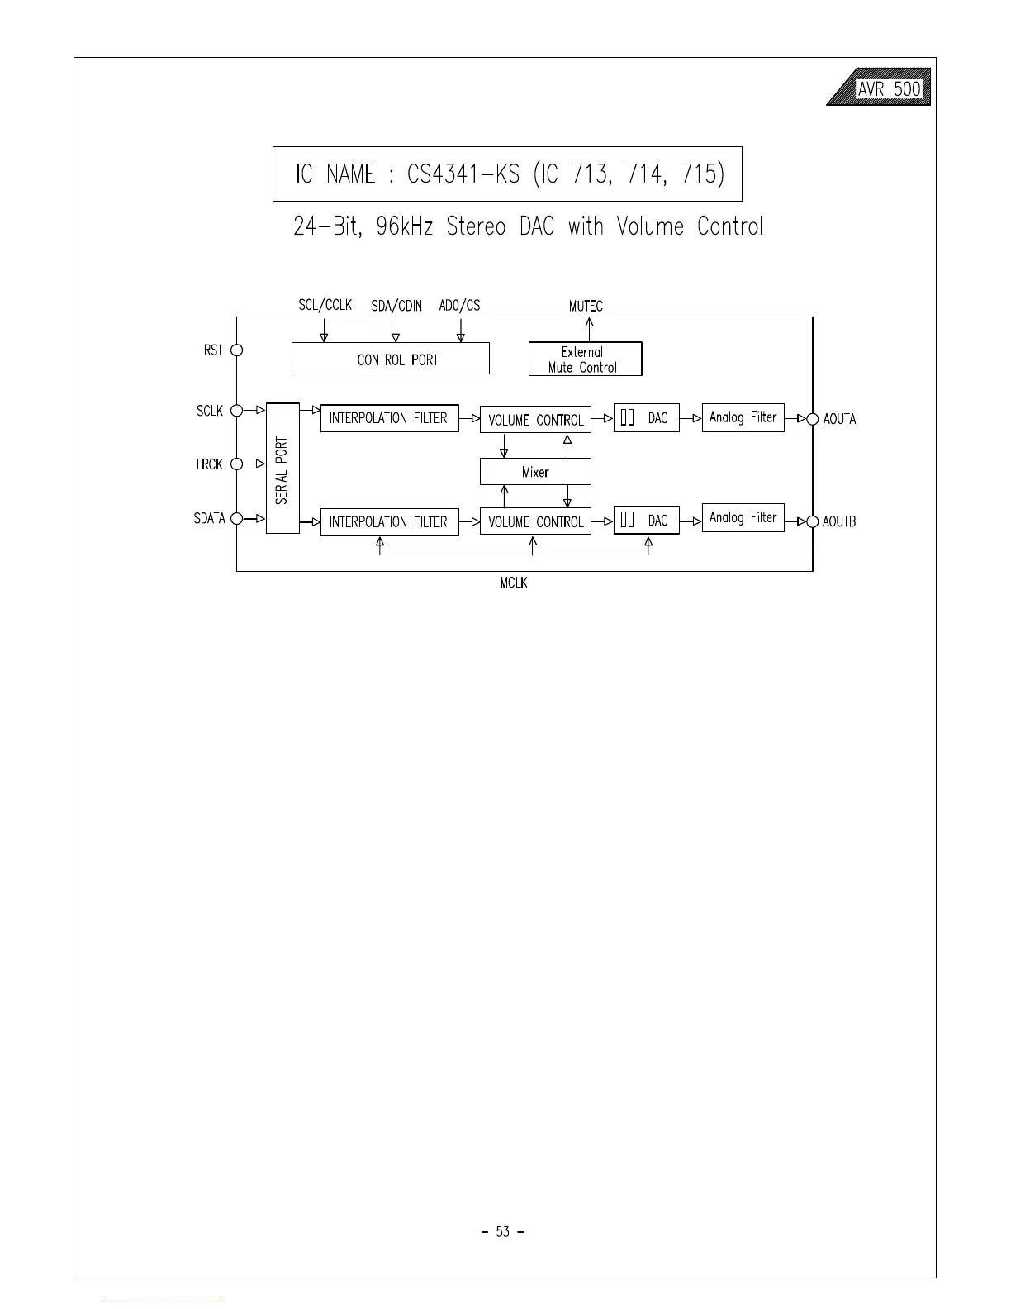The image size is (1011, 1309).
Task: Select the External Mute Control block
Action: (585, 359)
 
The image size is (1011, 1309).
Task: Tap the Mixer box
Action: (535, 472)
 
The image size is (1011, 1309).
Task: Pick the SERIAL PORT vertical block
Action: (282, 469)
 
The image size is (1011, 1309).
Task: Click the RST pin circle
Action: (236, 350)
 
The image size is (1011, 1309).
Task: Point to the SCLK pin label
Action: (210, 411)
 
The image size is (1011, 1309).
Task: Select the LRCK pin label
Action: (209, 464)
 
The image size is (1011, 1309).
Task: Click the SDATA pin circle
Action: (236, 519)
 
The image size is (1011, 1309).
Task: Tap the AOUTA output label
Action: (839, 419)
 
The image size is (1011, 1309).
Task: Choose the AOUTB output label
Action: (839, 522)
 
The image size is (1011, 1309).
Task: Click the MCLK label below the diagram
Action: (513, 583)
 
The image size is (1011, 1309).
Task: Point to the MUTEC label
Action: (586, 307)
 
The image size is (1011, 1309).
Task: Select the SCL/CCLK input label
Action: (325, 306)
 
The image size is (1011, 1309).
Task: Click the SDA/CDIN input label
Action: (396, 307)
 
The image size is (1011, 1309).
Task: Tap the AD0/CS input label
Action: (459, 306)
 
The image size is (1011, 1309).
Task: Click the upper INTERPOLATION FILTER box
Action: (389, 418)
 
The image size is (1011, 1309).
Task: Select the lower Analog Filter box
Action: (743, 518)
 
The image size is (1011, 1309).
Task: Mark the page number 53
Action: (503, 1232)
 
